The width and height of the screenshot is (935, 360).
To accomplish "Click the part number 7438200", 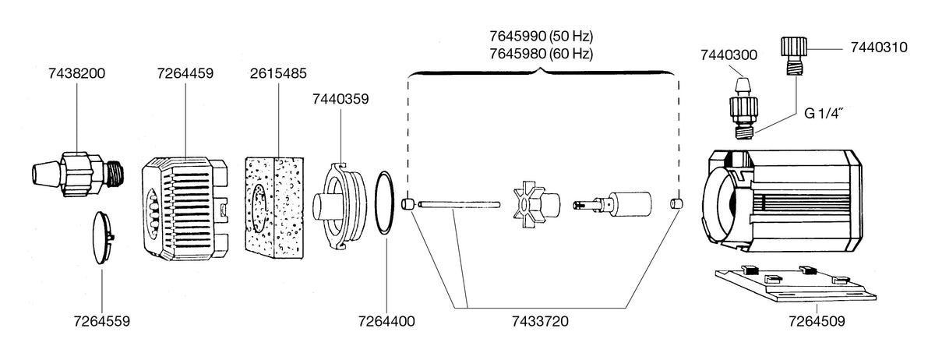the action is click(x=77, y=73).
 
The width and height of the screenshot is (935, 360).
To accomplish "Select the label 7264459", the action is click(x=185, y=73).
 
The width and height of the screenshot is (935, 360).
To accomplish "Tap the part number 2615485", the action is click(x=278, y=73).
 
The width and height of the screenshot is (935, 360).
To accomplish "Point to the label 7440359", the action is click(x=340, y=99).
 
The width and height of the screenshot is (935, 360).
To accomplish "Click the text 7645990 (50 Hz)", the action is click(x=542, y=37).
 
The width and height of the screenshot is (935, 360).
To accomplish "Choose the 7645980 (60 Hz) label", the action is click(x=542, y=54).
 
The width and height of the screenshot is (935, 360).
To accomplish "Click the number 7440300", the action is click(x=729, y=55).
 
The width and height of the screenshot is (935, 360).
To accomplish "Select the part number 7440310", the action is click(x=879, y=48).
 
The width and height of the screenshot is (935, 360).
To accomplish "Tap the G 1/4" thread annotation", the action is click(x=824, y=114).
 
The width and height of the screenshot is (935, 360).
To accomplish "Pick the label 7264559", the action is click(x=102, y=321).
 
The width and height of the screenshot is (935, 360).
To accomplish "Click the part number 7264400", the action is click(x=386, y=321).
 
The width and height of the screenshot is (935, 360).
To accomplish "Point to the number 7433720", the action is click(x=540, y=321).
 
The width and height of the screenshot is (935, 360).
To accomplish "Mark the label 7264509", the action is click(x=817, y=321).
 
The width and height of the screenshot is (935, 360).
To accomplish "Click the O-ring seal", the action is click(x=376, y=202).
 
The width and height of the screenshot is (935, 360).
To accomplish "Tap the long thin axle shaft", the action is click(x=459, y=205).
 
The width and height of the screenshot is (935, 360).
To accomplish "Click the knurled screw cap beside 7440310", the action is click(x=793, y=56).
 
